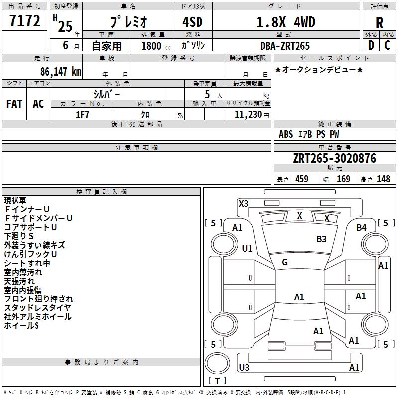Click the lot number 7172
point(25,21)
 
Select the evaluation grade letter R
point(379,23)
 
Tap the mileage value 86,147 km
point(61,71)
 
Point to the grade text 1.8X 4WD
point(286,22)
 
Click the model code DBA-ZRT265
point(285,46)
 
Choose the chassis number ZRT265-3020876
point(334,158)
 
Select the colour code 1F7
point(82,115)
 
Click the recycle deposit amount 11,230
point(248,115)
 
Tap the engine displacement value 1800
point(151,46)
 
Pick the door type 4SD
point(193,22)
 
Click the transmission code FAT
point(14,104)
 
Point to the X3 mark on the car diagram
point(243,204)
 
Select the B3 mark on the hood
point(321,239)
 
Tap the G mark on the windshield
point(285,262)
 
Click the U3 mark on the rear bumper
point(244,367)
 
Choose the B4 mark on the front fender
point(361,228)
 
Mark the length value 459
point(302,179)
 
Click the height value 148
point(383,179)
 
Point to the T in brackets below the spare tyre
point(217,381)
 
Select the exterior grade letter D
point(371,45)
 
